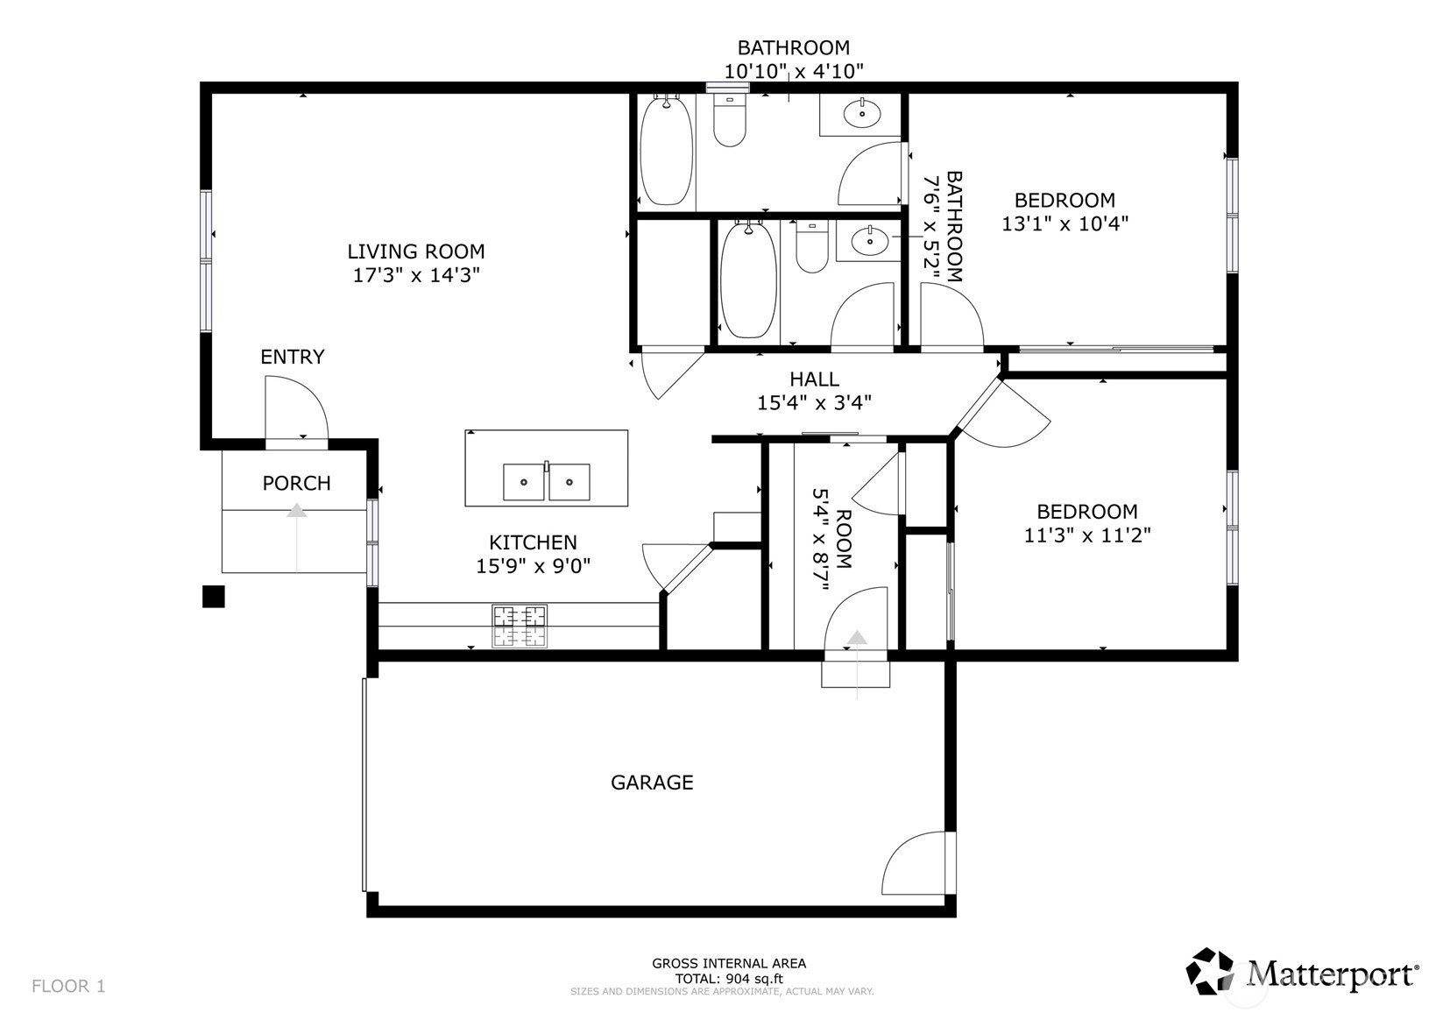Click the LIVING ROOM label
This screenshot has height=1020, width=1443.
pos(415,251)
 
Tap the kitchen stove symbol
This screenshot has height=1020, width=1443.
pos(520,627)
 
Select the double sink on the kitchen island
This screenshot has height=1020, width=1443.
pos(546,481)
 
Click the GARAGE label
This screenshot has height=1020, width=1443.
pos(652,783)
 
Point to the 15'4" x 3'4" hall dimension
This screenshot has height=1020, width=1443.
pos(814,403)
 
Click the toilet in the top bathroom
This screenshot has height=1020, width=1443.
pos(729,121)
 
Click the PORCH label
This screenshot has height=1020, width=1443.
pos(296,483)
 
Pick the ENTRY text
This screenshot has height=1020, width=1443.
pos(293,357)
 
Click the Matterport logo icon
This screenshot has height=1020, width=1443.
pos(1210,972)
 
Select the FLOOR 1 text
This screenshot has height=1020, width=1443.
pos(68,987)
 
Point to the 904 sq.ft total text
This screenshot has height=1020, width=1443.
pos(729,979)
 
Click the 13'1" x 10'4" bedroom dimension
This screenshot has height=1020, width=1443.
pos(1065,223)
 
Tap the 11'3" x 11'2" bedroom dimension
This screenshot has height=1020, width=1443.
pos(1086,535)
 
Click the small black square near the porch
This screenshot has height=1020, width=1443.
pos(214,597)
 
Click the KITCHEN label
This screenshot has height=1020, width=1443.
pos(533,542)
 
